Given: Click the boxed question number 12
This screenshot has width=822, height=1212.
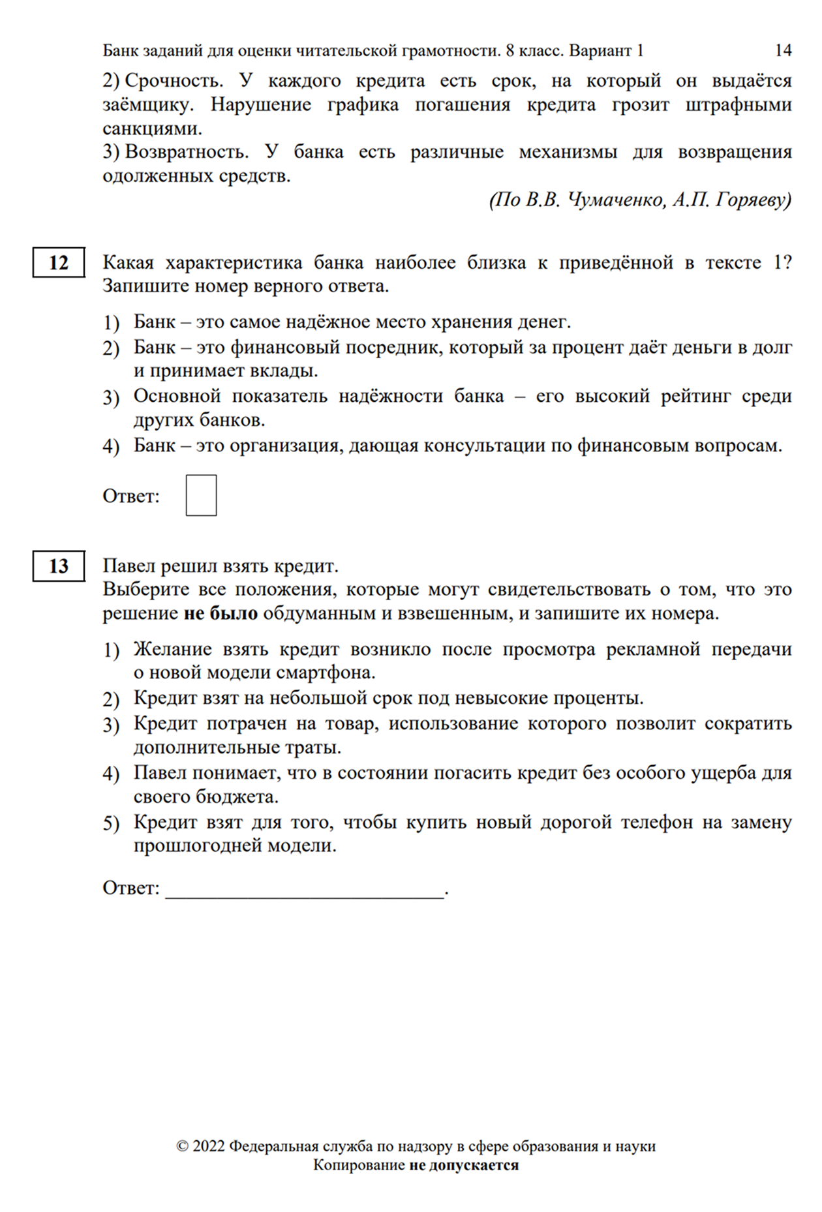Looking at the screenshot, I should pyautogui.click(x=59, y=263).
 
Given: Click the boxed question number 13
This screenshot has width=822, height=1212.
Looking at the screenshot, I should pyautogui.click(x=59, y=566).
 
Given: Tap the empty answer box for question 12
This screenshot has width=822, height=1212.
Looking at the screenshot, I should pyautogui.click(x=201, y=496).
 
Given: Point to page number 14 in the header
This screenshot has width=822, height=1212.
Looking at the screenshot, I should pyautogui.click(x=783, y=50).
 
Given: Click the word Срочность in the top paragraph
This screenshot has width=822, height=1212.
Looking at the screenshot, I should pyautogui.click(x=174, y=81).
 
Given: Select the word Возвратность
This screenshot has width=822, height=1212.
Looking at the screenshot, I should pyautogui.click(x=187, y=152).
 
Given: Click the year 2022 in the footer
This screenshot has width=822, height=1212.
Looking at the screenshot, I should pyautogui.click(x=209, y=1146).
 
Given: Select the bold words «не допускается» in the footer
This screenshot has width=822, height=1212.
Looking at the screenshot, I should pyautogui.click(x=464, y=1165).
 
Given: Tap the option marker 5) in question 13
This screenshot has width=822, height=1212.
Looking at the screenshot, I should pyautogui.click(x=111, y=823).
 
